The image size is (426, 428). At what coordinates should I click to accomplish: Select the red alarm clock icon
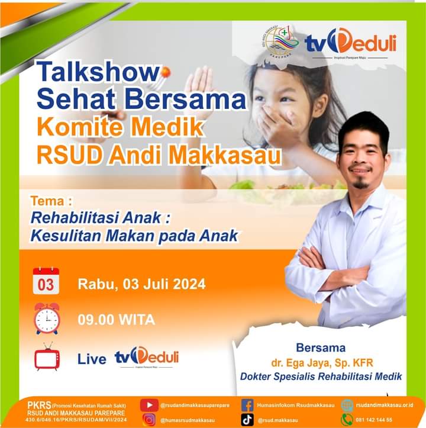coord(47,318)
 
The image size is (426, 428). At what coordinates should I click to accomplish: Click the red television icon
coord(47,357)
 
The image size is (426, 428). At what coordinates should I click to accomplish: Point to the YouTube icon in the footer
coord(149,406)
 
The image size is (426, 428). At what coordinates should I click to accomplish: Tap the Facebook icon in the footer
coord(248,406)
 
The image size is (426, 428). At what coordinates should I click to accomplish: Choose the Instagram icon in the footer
coord(149,420)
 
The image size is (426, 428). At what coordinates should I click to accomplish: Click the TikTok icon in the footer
coord(248,420)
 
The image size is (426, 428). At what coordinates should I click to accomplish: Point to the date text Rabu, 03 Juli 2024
coord(141,284)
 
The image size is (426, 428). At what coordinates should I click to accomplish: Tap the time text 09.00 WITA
coord(116,320)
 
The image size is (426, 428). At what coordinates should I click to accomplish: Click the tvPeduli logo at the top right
coord(350,43)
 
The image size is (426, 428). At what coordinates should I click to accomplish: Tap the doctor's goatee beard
coord(360,184)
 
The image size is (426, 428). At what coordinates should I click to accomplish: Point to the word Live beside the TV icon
coord(92,359)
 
